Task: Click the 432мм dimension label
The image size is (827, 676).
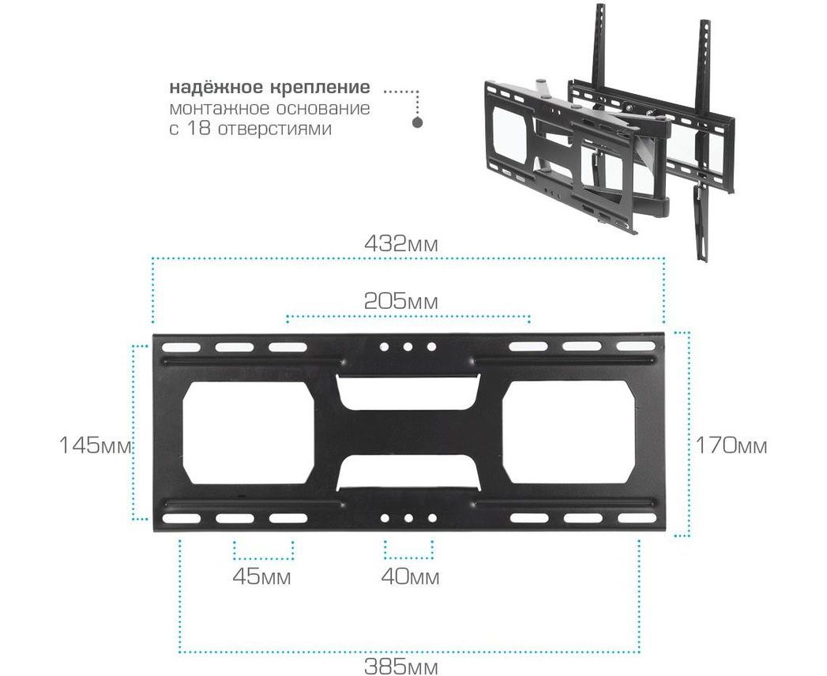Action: pos(400,244)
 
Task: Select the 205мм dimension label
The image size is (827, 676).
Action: pos(400,302)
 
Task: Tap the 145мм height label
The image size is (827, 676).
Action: pos(95,445)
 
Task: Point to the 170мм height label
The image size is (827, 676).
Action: pos(731,446)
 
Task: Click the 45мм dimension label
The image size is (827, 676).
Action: pos(261,576)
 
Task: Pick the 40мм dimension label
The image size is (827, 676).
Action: pos(410,576)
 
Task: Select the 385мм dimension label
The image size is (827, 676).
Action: pos(400,667)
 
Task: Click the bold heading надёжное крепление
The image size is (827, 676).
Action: pos(269,87)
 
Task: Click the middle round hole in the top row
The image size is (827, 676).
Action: pos(408,347)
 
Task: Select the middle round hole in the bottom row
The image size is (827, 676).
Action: pos(408,518)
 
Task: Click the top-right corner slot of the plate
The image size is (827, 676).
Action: pos(636,347)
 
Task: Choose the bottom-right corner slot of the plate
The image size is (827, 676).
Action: pos(637,518)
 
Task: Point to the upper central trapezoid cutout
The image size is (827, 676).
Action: pos(408,392)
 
